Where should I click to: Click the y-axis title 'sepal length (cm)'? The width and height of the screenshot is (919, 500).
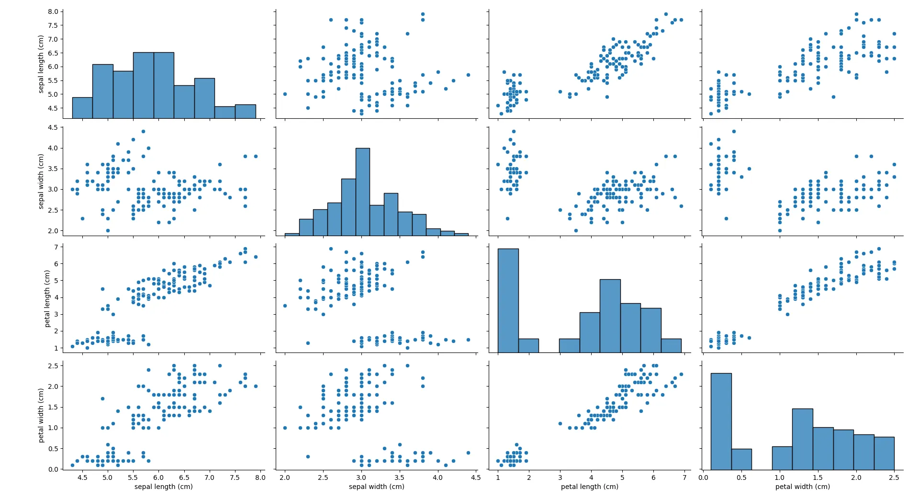(x=41, y=64)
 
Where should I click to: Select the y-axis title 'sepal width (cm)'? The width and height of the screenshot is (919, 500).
(x=41, y=182)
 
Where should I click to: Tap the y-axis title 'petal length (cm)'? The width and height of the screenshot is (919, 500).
(x=47, y=299)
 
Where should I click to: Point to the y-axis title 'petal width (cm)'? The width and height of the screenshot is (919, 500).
(x=41, y=415)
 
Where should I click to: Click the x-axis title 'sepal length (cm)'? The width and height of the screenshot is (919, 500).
(x=164, y=487)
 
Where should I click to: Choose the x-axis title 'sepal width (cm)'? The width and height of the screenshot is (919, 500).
(x=377, y=487)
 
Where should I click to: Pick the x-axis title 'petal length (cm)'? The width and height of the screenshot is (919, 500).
(x=590, y=487)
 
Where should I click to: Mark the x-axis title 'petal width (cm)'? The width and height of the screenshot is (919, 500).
(x=803, y=487)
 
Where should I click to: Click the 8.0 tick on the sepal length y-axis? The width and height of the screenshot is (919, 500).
(x=53, y=11)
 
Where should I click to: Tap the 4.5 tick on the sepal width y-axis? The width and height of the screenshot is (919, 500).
(x=53, y=127)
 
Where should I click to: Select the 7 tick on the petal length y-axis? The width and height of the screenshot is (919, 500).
(x=56, y=247)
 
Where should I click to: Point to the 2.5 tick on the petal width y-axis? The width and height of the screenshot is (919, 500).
(x=53, y=366)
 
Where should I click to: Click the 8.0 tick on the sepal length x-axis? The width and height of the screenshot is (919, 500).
(x=260, y=477)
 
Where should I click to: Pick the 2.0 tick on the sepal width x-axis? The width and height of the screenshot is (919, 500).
(x=285, y=477)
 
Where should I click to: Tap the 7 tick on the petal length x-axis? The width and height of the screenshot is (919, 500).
(x=684, y=477)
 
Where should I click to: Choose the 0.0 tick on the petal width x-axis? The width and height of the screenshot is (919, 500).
(x=703, y=477)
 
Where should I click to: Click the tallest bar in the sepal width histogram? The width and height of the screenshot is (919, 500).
(x=363, y=192)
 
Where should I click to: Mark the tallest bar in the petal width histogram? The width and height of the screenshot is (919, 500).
(x=721, y=421)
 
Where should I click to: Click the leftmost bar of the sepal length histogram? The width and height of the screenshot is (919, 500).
(x=82, y=108)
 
